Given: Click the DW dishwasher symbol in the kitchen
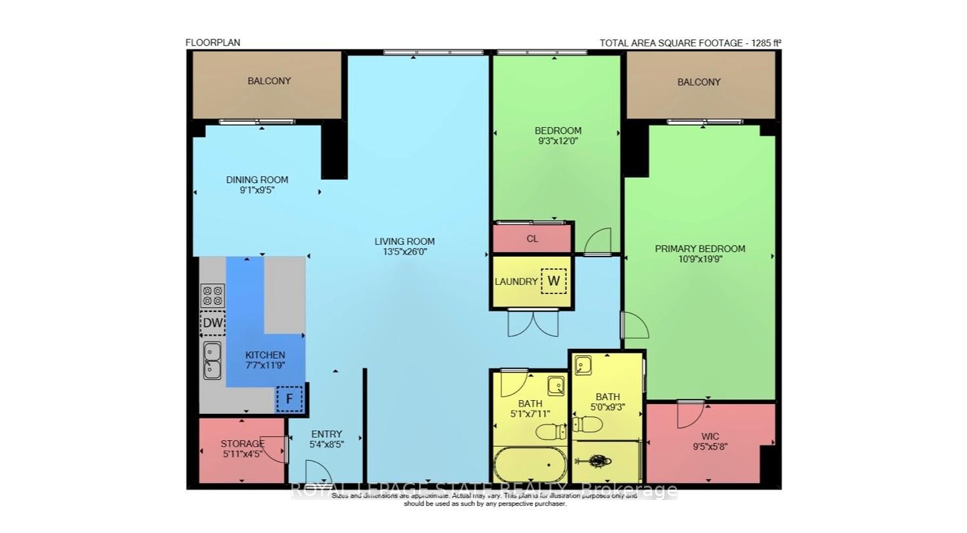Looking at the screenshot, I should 212,323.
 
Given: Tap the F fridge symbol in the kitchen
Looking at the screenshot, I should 289,399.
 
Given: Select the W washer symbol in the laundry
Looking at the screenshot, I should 554,281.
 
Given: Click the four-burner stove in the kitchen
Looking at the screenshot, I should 212,295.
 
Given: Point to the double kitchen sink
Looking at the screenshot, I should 212,361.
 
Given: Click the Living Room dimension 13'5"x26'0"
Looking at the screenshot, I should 405,252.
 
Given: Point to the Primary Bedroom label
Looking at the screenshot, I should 700,249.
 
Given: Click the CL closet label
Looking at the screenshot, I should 532,239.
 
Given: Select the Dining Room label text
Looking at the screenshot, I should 257,180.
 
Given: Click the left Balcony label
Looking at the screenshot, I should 269,81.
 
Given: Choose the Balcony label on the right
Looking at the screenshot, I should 699,82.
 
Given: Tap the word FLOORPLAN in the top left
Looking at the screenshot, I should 212,43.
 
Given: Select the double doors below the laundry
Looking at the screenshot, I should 533,322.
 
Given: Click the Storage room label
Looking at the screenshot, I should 242,444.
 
